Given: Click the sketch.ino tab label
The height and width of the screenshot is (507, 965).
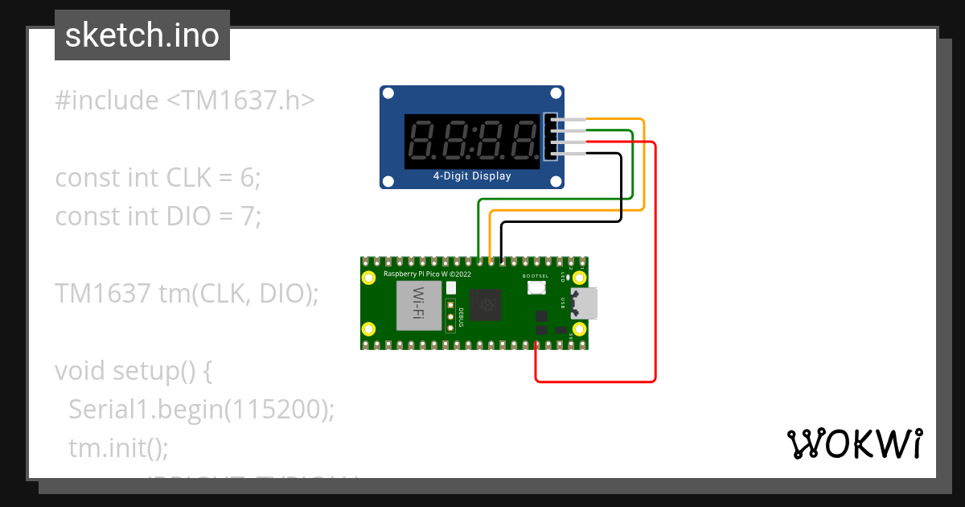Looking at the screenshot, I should point(142,35).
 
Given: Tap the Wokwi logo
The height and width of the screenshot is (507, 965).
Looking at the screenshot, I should point(853,443).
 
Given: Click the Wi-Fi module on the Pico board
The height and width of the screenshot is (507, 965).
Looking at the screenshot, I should point(419,307).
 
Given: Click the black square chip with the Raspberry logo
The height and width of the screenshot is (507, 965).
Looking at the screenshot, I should point(485,305).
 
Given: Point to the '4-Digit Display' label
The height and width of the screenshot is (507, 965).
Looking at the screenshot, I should point(471,176).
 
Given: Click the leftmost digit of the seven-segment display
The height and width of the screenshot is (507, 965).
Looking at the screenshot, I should point(423,140).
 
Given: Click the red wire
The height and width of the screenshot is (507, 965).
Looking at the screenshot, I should point(656,266).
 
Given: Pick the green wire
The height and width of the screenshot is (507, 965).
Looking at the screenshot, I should point(633,161).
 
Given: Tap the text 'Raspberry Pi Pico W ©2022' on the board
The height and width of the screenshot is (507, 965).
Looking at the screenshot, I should point(427,274).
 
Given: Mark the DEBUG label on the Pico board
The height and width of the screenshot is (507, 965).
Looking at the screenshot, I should point(461,318).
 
